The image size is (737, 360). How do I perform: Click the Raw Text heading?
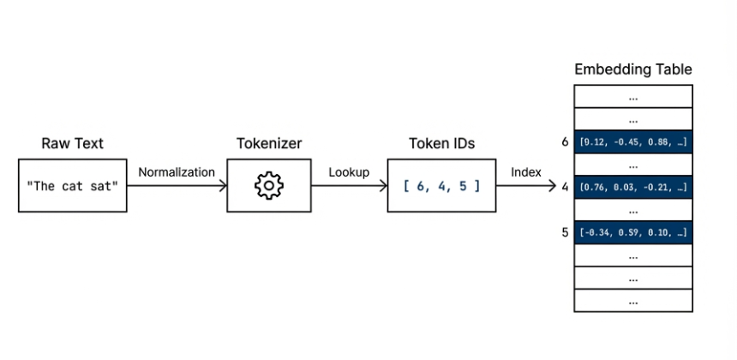click(73, 143)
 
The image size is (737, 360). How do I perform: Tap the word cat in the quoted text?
click(74, 185)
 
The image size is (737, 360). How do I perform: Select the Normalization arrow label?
click(177, 172)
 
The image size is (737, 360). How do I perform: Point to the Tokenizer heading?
click(269, 143)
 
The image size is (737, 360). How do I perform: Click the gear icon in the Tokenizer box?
click(269, 185)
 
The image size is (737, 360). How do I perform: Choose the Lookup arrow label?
click(349, 172)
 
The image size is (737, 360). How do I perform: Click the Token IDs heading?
click(440, 143)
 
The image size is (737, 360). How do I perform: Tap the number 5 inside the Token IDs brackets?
click(463, 185)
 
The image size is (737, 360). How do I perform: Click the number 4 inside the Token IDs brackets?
click(443, 185)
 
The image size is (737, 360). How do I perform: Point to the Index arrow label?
click(526, 172)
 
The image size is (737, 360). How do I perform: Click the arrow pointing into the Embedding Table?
click(535, 186)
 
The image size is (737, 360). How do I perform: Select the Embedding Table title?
click(633, 69)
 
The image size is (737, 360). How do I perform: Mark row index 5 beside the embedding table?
click(566, 231)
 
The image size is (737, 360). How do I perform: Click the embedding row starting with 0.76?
click(633, 187)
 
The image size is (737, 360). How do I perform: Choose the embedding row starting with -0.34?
click(633, 232)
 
